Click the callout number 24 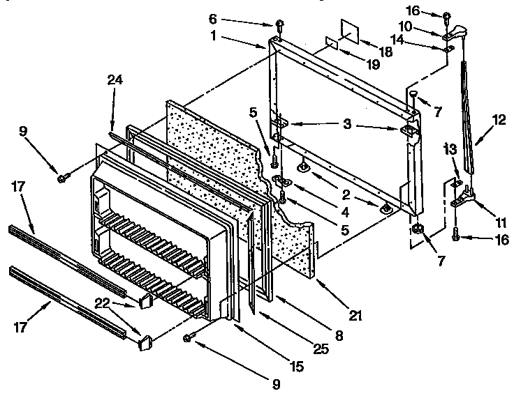click(x=115, y=80)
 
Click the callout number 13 click(x=450, y=148)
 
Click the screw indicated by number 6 click(x=279, y=26)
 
